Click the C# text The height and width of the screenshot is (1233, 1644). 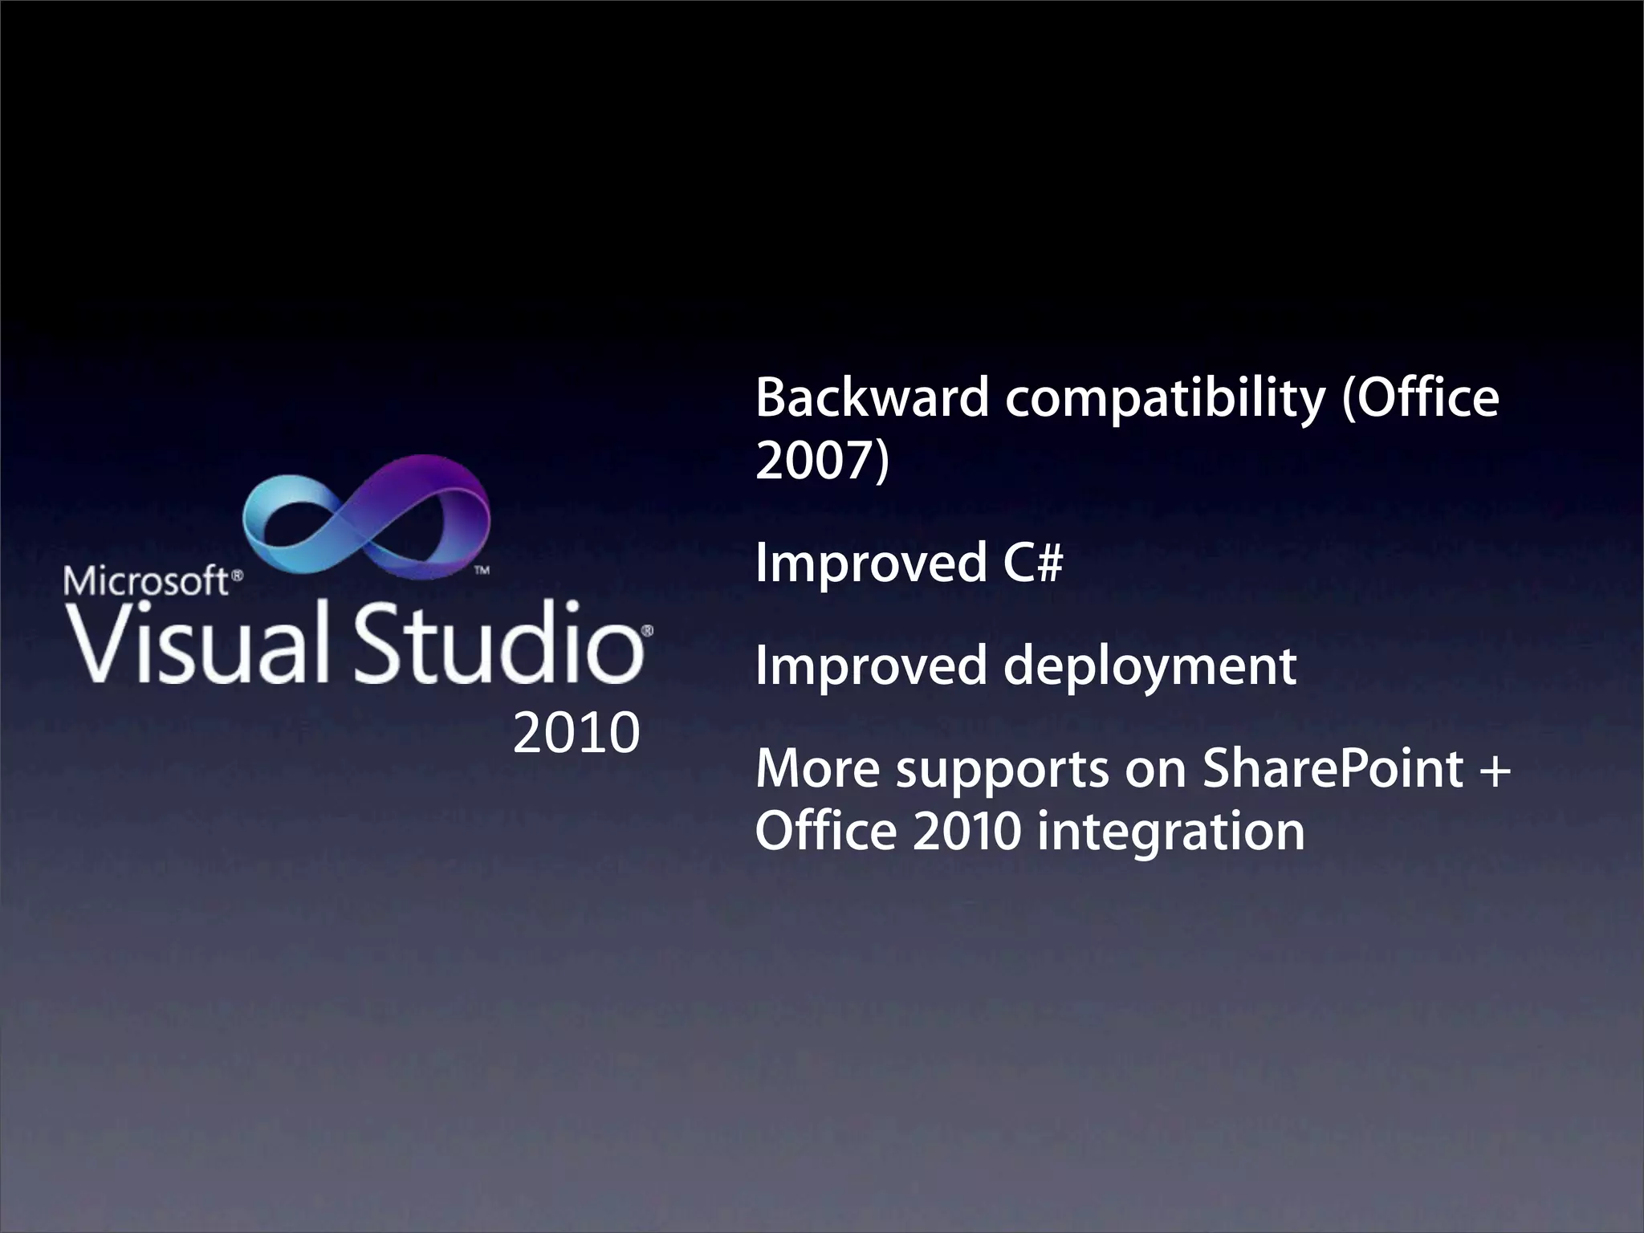point(1032,562)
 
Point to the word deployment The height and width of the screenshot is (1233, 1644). point(1150,667)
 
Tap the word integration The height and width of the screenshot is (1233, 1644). point(1171,832)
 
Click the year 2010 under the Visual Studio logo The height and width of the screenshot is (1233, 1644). point(576,733)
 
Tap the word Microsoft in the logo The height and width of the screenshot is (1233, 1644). point(146,580)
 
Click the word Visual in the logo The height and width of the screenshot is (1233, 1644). point(197,643)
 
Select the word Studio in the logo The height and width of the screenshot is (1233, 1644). point(498,643)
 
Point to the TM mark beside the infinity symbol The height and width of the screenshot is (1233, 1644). point(482,571)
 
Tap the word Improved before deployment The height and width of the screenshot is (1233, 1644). point(871,667)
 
